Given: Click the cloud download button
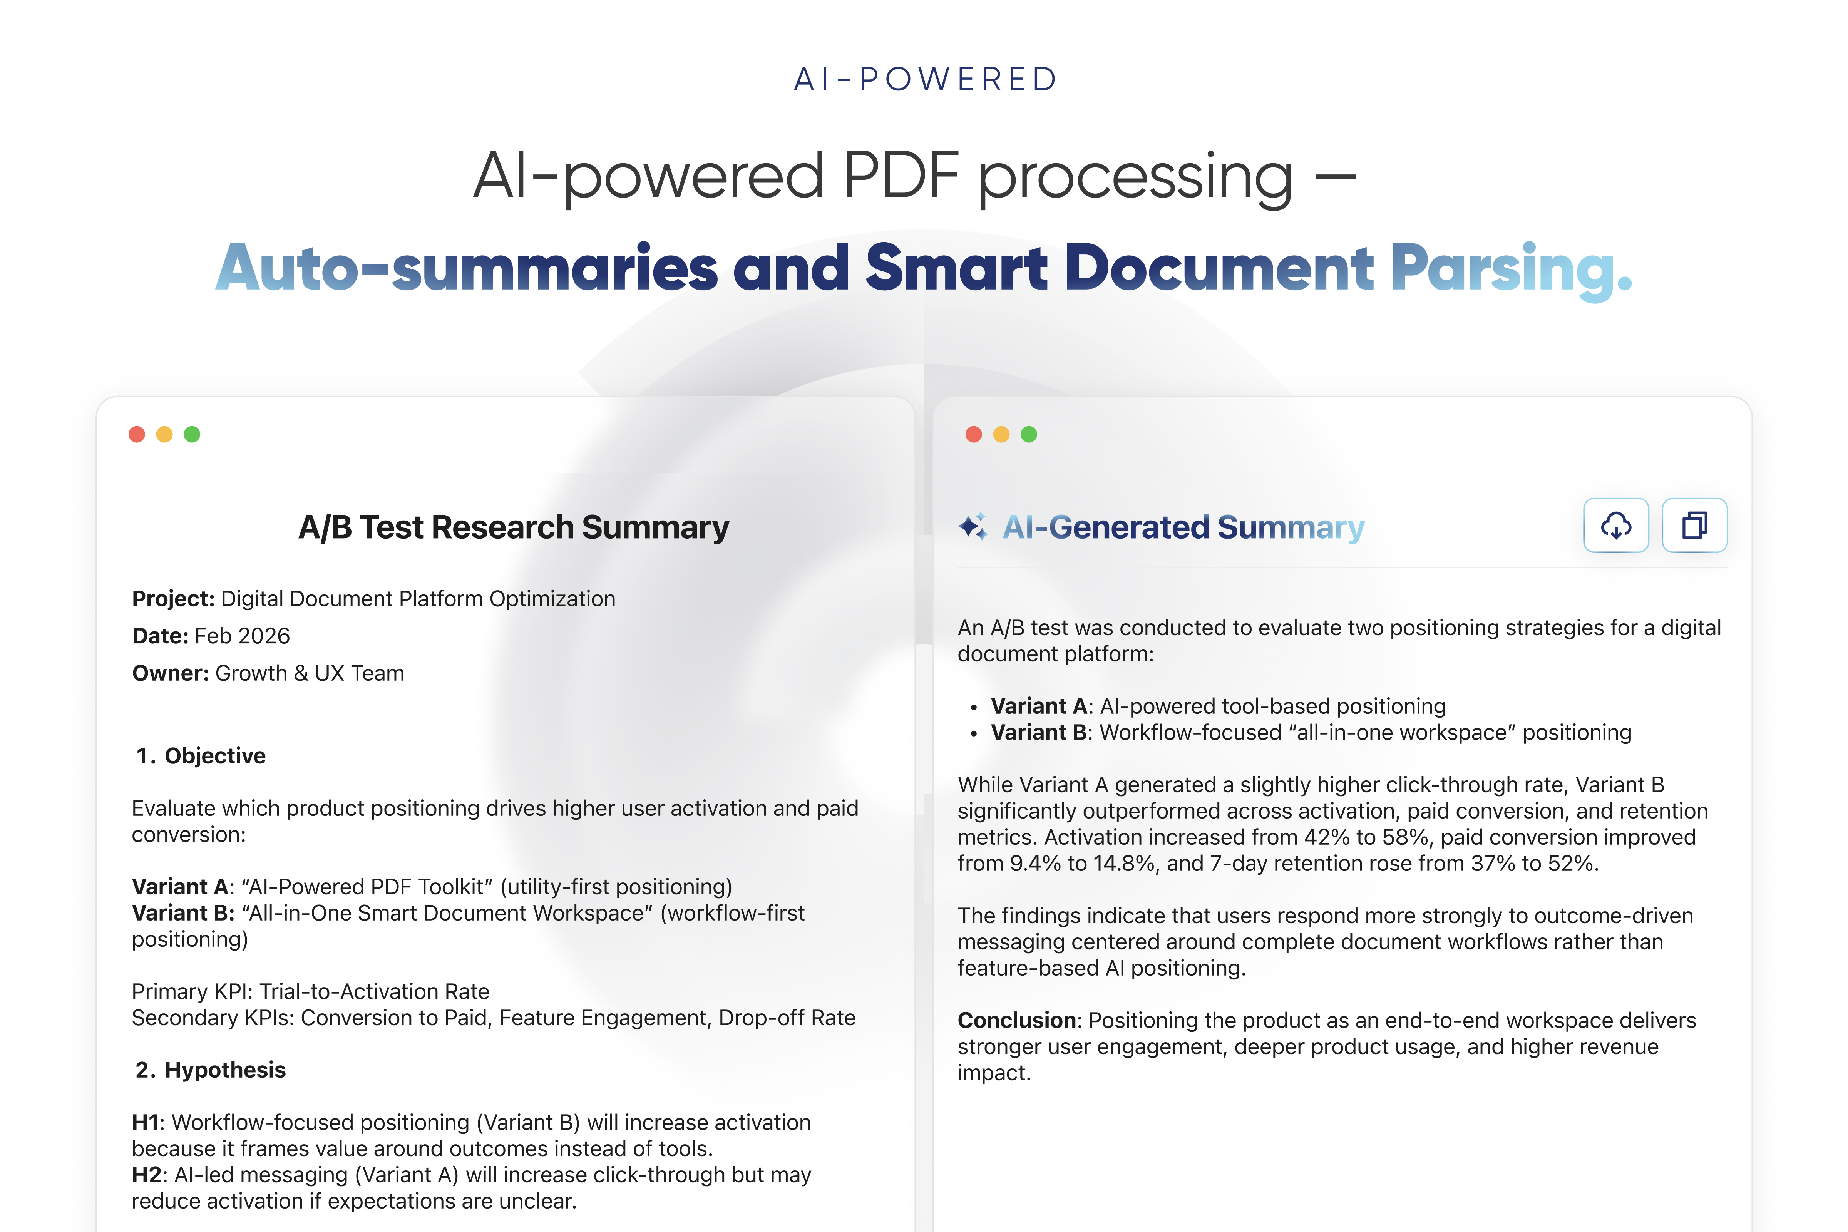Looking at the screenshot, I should (x=1615, y=526).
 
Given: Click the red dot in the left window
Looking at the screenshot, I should (x=137, y=435).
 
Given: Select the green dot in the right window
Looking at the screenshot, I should (x=1028, y=435).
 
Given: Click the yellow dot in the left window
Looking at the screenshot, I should (x=164, y=435).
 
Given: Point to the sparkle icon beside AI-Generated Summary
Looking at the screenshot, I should (x=973, y=526).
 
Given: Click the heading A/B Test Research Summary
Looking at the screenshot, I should (x=513, y=527).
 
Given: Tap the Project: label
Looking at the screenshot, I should (x=173, y=599).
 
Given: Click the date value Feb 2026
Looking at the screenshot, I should (x=242, y=636).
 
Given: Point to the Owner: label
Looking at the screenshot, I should (x=170, y=673).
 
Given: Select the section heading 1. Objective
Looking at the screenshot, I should (x=201, y=756).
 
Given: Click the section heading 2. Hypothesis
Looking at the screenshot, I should (x=211, y=1070).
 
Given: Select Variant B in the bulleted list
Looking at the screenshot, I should (x=1039, y=732).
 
